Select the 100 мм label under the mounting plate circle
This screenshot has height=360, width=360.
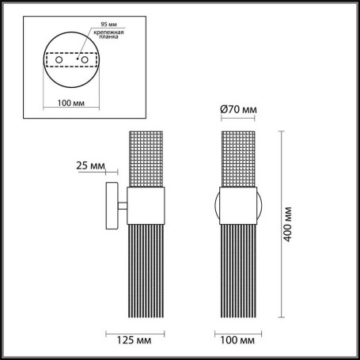coord(69,103)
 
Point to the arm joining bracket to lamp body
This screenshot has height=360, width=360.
coord(123,207)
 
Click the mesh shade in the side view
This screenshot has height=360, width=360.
coord(147,158)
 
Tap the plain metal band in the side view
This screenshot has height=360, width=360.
coord(147,207)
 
